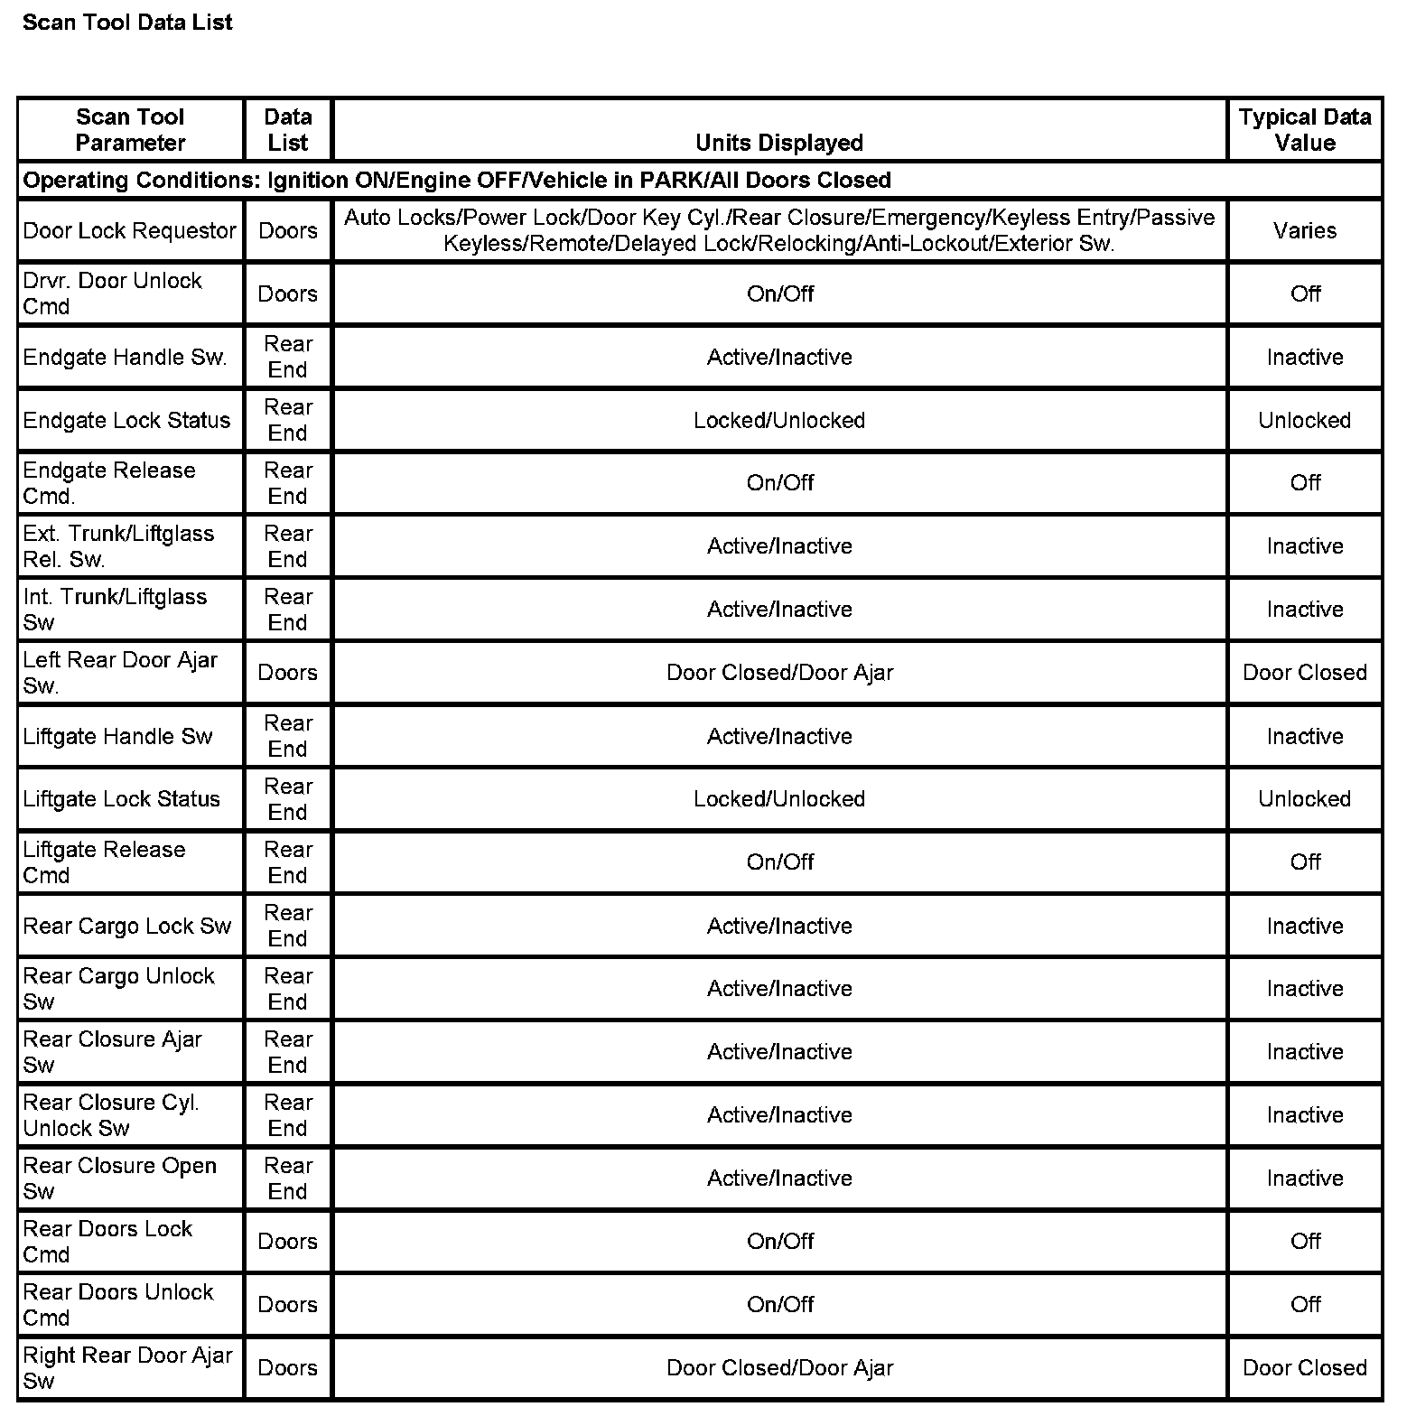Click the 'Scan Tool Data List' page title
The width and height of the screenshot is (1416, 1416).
(127, 23)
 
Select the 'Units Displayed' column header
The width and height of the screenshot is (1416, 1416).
(779, 143)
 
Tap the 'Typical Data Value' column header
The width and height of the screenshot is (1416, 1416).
(1304, 130)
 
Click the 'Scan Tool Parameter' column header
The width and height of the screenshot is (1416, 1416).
(130, 130)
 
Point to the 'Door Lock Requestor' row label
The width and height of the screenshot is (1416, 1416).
(129, 231)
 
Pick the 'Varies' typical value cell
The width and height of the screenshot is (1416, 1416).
(1304, 231)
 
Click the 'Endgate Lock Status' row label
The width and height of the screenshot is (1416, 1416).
(126, 421)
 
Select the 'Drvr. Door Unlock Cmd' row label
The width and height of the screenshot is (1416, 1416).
(112, 293)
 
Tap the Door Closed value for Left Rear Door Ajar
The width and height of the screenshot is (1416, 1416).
(1304, 673)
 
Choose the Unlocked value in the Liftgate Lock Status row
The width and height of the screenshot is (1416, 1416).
(1304, 799)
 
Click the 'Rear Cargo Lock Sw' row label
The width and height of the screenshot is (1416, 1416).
(127, 927)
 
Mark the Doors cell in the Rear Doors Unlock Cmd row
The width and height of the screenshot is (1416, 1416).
(287, 1305)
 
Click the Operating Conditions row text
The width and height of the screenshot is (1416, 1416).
(457, 181)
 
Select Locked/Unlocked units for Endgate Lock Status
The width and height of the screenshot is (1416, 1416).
(779, 421)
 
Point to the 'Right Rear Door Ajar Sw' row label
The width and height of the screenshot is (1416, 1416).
(127, 1368)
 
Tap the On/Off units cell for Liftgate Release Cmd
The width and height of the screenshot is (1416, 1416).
(779, 862)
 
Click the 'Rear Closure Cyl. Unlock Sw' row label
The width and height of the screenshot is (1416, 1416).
(111, 1115)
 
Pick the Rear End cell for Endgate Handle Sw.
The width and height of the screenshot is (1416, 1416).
(287, 358)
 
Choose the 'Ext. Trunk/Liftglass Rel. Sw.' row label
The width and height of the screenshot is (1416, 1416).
(118, 546)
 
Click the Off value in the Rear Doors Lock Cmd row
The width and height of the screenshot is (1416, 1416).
(1305, 1242)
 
